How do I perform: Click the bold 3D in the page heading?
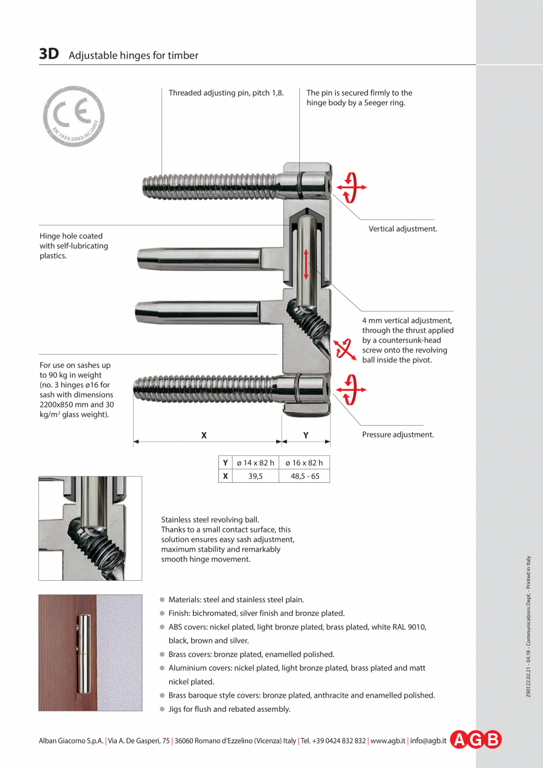49,54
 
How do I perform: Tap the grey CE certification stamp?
73,116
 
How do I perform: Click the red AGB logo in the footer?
476,740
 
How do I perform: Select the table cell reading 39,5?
255,476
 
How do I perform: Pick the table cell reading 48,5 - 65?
305,476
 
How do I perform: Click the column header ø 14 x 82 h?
255,462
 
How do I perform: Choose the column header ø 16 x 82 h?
305,462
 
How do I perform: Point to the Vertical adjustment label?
403,228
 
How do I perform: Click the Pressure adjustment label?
397,434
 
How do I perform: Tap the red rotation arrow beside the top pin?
351,187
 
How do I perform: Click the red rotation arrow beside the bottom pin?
351,390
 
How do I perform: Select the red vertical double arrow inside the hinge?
306,264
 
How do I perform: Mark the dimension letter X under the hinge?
204,435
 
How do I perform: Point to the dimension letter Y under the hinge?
306,435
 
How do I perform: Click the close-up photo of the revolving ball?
90,528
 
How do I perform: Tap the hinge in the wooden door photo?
85,653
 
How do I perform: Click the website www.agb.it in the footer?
387,740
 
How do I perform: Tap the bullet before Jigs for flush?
162,710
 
